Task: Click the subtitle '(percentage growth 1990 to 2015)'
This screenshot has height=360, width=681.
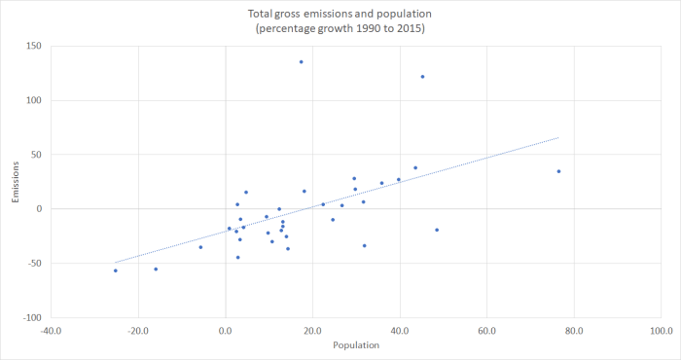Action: pyautogui.click(x=340, y=30)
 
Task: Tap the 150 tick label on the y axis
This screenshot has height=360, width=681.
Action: pyautogui.click(x=34, y=46)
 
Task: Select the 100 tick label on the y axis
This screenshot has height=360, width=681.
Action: pyautogui.click(x=34, y=100)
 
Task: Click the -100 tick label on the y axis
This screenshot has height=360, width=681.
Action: pyautogui.click(x=32, y=317)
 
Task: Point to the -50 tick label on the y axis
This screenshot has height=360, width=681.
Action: pyautogui.click(x=34, y=263)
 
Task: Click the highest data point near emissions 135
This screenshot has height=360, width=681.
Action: pyautogui.click(x=301, y=61)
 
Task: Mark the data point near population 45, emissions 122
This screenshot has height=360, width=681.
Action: pyautogui.click(x=422, y=76)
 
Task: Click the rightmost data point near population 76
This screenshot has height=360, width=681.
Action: pyautogui.click(x=558, y=171)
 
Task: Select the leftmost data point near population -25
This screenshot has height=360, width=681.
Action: pyautogui.click(x=115, y=270)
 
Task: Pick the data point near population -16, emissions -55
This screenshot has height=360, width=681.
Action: pyautogui.click(x=156, y=269)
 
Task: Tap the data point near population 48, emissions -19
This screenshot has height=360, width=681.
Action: pyautogui.click(x=437, y=230)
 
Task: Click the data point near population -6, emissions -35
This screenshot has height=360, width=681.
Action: pyautogui.click(x=200, y=247)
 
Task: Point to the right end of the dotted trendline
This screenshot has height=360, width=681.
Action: pyautogui.click(x=558, y=137)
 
